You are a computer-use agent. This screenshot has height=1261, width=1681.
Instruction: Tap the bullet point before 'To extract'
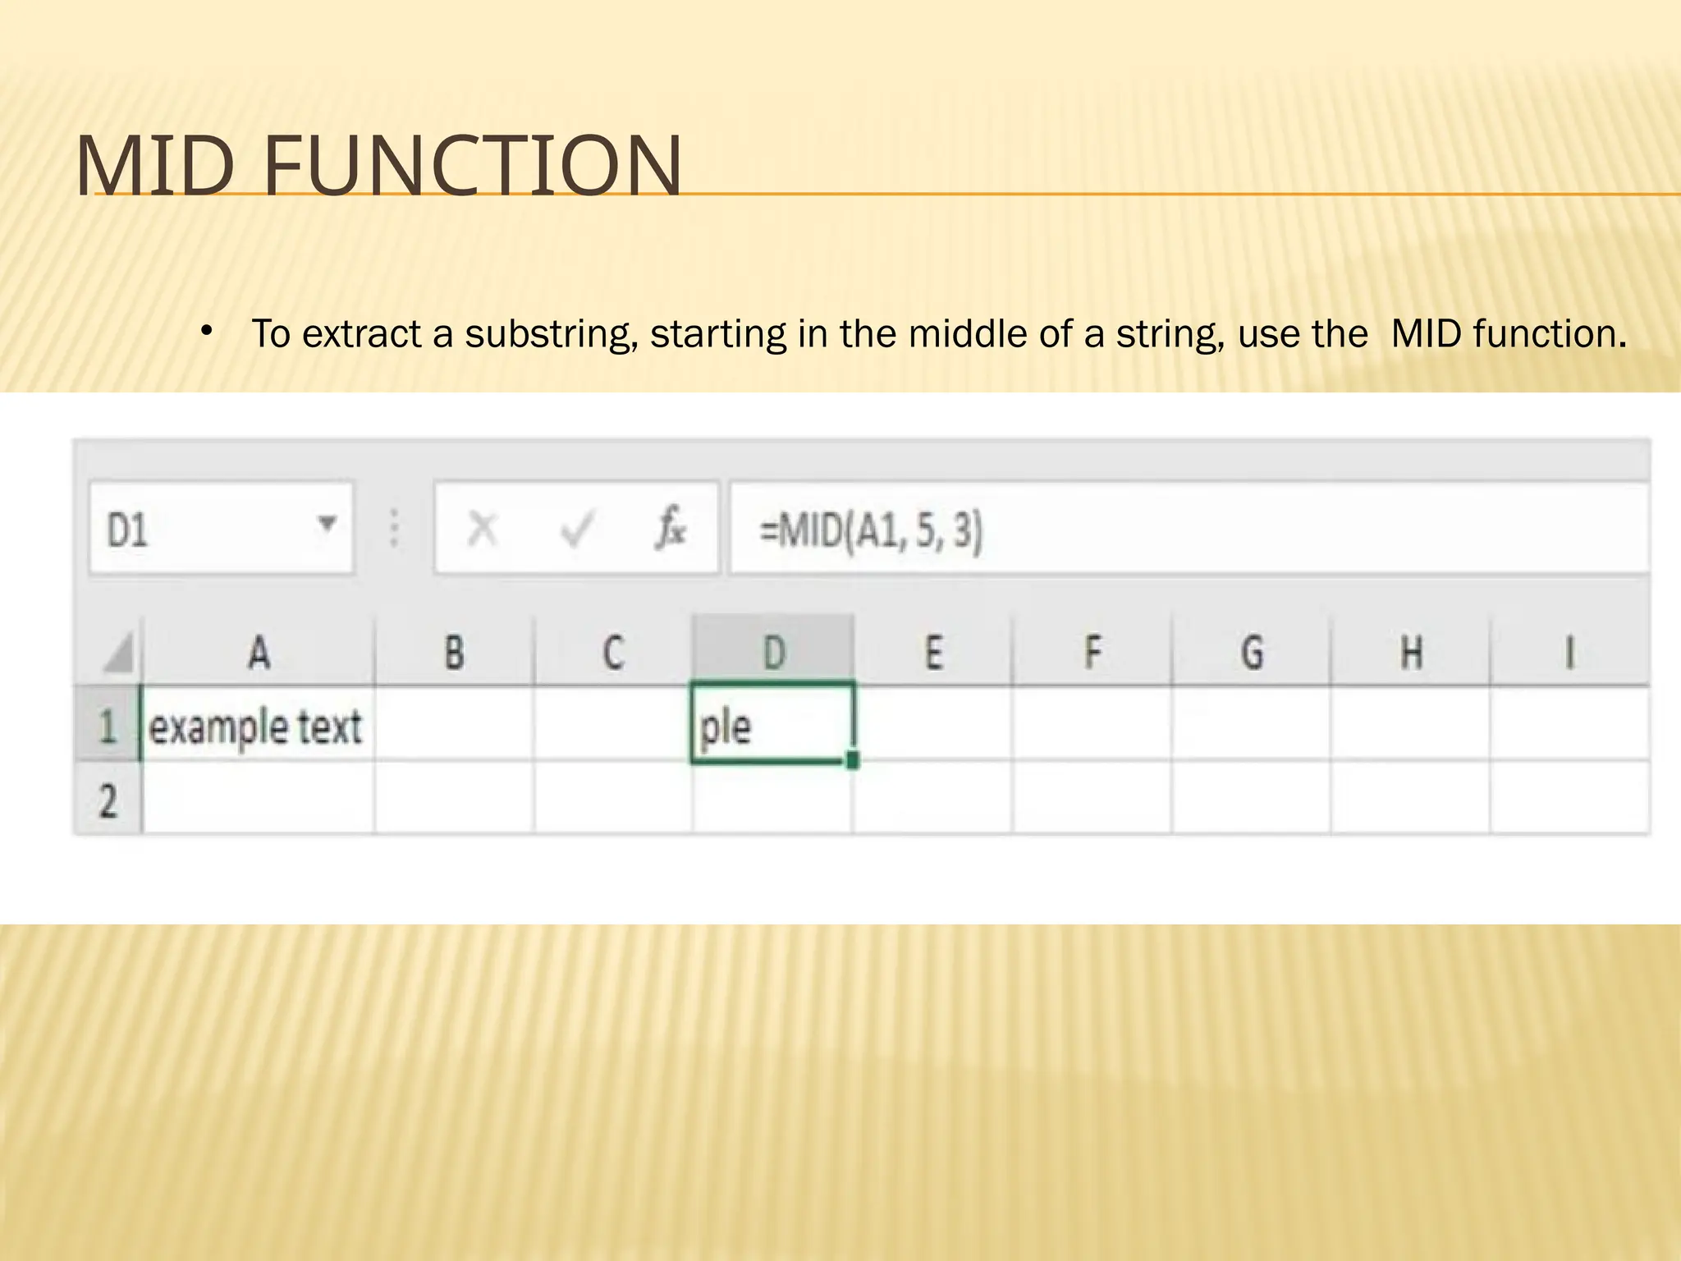tap(207, 332)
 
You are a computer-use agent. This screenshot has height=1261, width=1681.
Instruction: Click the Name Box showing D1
tap(205, 527)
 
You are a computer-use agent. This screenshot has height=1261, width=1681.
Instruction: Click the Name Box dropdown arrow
tap(327, 523)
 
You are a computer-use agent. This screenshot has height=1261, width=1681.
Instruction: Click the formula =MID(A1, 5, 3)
tap(870, 530)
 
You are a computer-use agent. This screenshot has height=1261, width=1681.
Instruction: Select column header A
tap(259, 653)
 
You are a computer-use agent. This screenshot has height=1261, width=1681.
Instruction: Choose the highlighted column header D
tap(773, 653)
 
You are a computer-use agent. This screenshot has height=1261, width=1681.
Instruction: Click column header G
tap(1252, 653)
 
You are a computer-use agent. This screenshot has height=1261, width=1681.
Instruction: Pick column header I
tap(1569, 653)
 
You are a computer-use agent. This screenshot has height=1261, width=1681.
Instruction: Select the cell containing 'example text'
tap(256, 727)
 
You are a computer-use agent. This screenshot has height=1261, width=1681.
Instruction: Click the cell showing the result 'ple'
tap(772, 727)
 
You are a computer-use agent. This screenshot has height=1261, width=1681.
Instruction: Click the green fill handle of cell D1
tap(853, 760)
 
